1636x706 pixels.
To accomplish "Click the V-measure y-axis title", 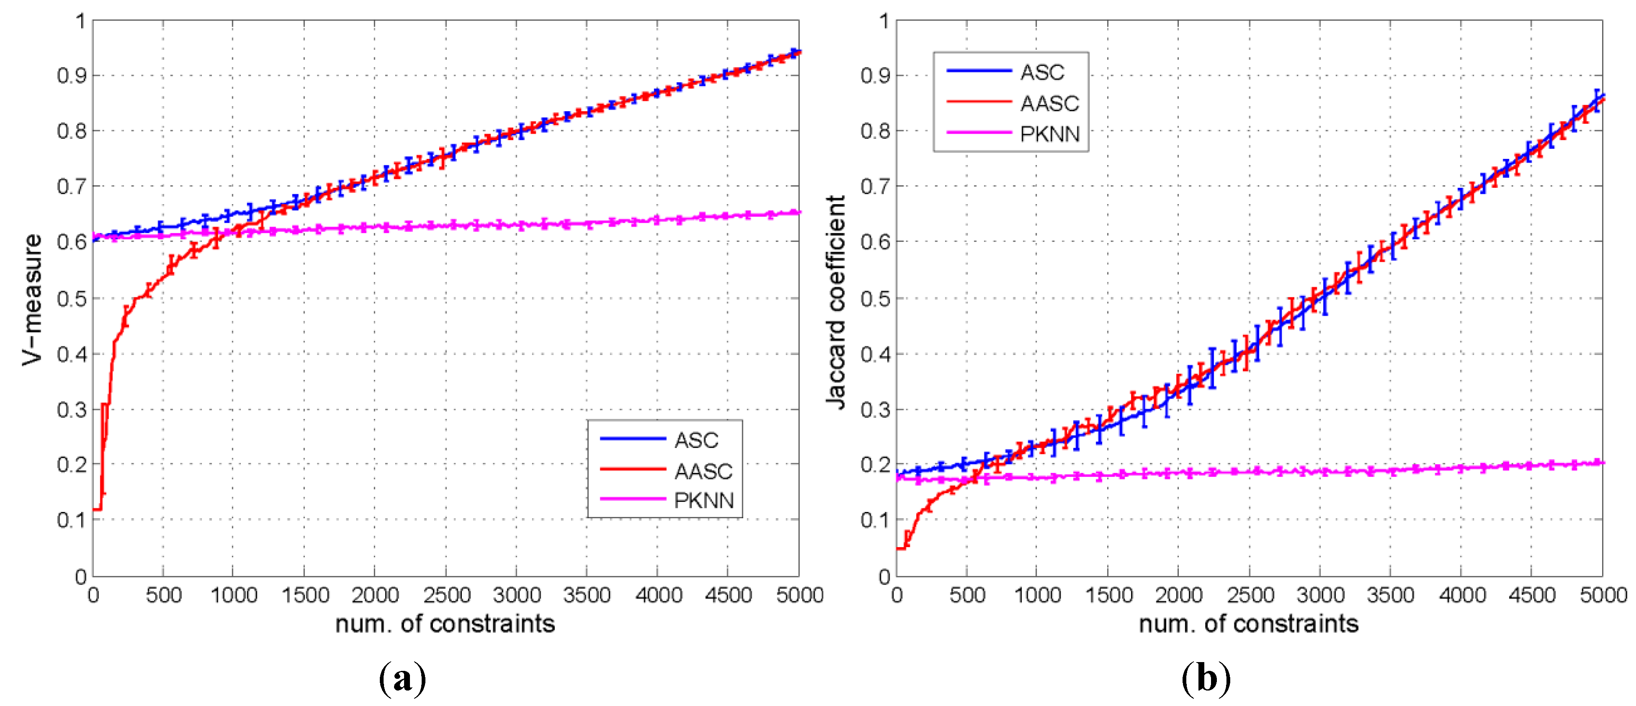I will (32, 299).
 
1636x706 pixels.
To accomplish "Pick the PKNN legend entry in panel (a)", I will (704, 500).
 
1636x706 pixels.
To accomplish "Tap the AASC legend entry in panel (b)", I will (1049, 103).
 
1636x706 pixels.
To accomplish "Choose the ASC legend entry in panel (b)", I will (1042, 72).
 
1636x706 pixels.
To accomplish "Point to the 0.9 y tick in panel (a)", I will (71, 76).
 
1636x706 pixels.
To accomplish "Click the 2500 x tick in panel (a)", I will (446, 596).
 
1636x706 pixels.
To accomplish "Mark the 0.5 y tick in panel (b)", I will (875, 298).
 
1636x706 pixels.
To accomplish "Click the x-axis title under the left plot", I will (445, 624).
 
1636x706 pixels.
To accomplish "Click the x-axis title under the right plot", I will (1249, 624).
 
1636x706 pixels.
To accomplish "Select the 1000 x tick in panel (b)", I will (1038, 596).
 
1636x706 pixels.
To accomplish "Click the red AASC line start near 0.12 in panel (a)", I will (96, 509).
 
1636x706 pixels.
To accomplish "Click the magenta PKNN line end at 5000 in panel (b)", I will (1600, 463).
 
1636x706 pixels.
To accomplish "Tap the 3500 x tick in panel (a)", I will (587, 596).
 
